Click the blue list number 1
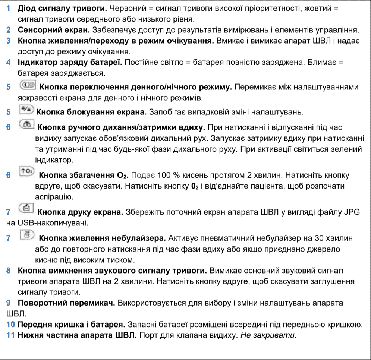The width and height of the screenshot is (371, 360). tap(9, 8)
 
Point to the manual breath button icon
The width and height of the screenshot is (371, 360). tap(27, 125)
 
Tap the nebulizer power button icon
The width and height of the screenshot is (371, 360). tap(27, 236)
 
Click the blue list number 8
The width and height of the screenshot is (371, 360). tap(9, 269)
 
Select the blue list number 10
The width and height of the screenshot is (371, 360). tap(10, 324)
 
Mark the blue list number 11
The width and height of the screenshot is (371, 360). tap(10, 334)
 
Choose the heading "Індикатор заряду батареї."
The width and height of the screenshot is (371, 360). tap(69, 62)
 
